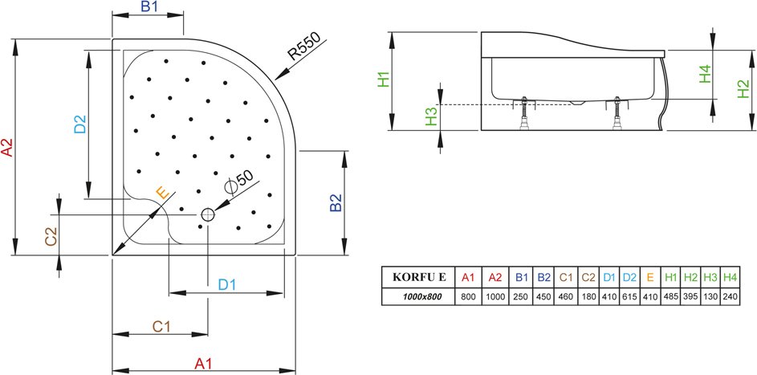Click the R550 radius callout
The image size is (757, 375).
click(x=304, y=46)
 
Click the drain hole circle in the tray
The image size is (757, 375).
click(x=208, y=214)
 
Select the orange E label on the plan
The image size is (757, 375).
click(x=163, y=193)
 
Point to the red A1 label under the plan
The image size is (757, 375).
click(x=203, y=364)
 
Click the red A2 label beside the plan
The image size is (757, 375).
click(x=8, y=148)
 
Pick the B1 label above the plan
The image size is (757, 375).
click(x=149, y=6)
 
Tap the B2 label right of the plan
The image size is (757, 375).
click(x=336, y=202)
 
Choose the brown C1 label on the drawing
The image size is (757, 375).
click(x=161, y=327)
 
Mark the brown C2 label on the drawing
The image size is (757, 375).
click(x=51, y=237)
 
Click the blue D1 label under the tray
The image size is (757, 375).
click(x=226, y=285)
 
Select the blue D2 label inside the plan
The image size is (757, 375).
click(x=79, y=124)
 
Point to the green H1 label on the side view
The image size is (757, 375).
click(x=383, y=79)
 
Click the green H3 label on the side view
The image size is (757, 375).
click(x=431, y=116)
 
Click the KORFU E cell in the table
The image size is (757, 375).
click(x=418, y=277)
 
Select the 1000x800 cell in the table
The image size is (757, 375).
click(x=418, y=297)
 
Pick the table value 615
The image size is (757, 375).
click(x=629, y=297)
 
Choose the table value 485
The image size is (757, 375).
click(x=671, y=297)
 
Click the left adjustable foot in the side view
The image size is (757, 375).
click(x=524, y=114)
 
